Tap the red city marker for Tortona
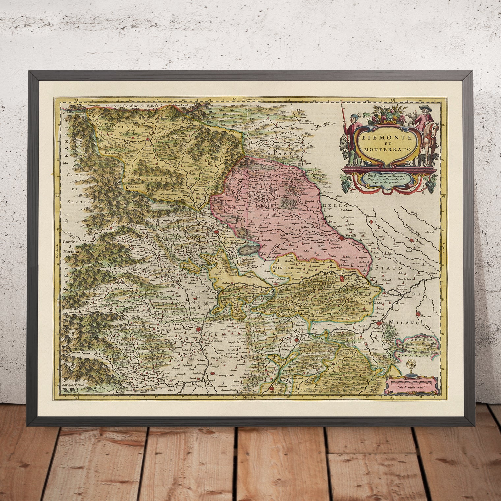418,314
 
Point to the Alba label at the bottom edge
272,392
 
